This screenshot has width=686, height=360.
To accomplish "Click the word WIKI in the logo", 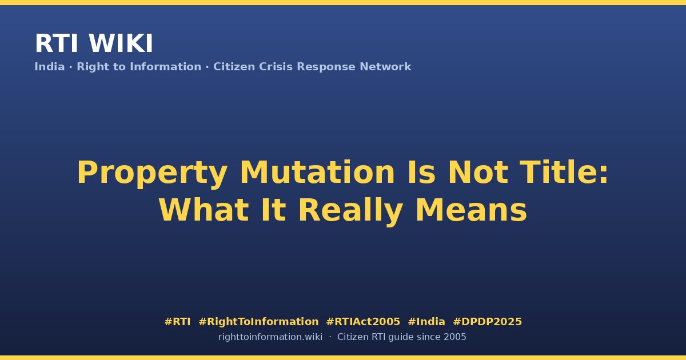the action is pyautogui.click(x=121, y=43).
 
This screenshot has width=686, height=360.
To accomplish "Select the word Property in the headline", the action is pyautogui.click(x=152, y=174).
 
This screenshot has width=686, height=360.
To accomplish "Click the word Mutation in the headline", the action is pyautogui.click(x=317, y=173).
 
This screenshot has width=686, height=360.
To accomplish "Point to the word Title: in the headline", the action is pyautogui.click(x=564, y=173).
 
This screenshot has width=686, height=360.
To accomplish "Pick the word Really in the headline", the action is pyautogui.click(x=350, y=211).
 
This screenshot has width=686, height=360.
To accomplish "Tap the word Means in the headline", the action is pyautogui.click(x=471, y=210).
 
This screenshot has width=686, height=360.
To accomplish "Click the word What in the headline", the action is pyautogui.click(x=204, y=210).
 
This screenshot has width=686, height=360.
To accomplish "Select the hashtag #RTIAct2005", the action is pyautogui.click(x=363, y=322).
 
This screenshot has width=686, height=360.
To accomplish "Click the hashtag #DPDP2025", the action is pyautogui.click(x=487, y=322).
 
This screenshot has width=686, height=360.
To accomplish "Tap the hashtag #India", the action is pyautogui.click(x=426, y=322).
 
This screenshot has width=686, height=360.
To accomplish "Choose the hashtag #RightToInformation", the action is pyautogui.click(x=258, y=322).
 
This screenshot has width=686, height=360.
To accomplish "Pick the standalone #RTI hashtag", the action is pyautogui.click(x=177, y=322).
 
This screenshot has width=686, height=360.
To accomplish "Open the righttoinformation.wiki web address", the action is pyautogui.click(x=270, y=337).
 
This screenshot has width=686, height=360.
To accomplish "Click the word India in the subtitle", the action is pyautogui.click(x=50, y=67).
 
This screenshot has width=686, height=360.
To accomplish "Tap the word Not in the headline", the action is pyautogui.click(x=478, y=173).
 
